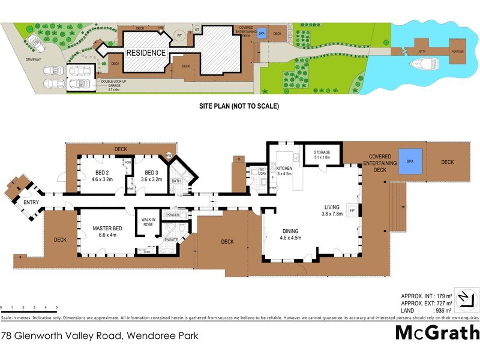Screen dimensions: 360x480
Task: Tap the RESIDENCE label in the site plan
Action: [146, 53]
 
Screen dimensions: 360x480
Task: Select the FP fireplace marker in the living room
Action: [352, 211]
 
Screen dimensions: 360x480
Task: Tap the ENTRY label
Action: [31, 202]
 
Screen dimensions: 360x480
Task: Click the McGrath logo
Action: [437, 332]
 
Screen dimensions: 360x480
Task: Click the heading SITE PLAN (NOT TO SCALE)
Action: [239, 106]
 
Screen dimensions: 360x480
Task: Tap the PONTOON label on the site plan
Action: [458, 52]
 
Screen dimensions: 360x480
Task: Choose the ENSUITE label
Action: [171, 239]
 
